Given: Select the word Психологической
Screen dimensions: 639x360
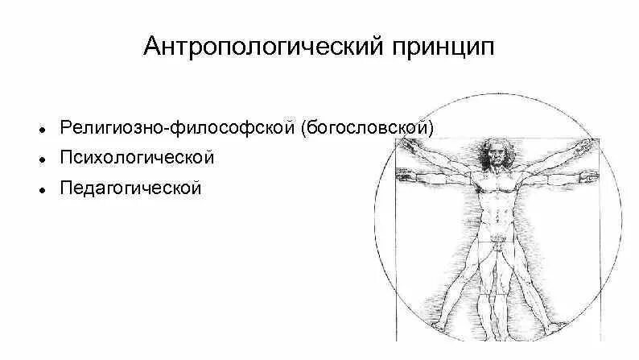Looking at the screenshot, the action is (x=137, y=157).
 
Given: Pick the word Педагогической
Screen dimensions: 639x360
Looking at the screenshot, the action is (x=130, y=188).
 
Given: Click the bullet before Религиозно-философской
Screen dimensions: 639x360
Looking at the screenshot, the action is (x=39, y=129).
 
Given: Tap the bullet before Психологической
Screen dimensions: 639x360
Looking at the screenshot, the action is (x=39, y=159).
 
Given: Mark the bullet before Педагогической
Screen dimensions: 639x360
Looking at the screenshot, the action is (x=39, y=189).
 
